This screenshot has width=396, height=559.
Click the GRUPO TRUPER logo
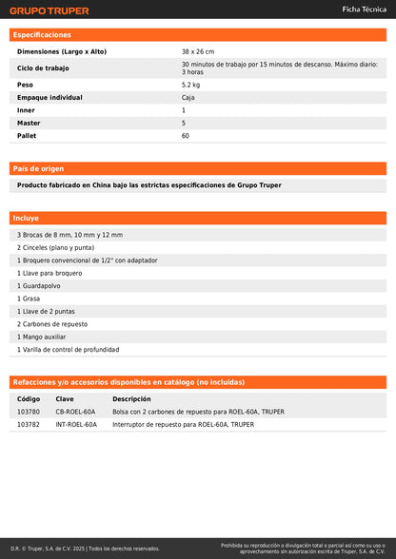click(x=49, y=10)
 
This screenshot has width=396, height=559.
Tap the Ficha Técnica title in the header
click(x=364, y=9)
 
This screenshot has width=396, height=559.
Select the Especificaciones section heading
click(x=42, y=34)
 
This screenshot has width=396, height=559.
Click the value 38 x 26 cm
click(x=198, y=51)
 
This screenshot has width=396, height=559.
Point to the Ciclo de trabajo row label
click(x=44, y=67)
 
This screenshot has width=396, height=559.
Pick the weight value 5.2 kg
click(x=190, y=85)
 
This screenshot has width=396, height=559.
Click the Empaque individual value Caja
click(x=188, y=97)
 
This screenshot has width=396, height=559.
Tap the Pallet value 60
click(x=186, y=136)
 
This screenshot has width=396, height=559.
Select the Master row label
click(x=29, y=123)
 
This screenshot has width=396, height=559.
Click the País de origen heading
click(x=39, y=168)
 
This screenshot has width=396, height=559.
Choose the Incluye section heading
click(x=27, y=218)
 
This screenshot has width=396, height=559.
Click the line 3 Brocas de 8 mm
click(x=69, y=234)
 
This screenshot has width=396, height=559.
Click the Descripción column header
click(x=131, y=399)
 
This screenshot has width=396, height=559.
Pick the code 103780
click(x=29, y=413)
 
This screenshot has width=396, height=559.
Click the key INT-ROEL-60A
click(x=76, y=425)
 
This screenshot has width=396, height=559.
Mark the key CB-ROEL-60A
click(x=75, y=413)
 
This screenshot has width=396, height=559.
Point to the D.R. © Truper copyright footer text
click(x=86, y=549)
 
